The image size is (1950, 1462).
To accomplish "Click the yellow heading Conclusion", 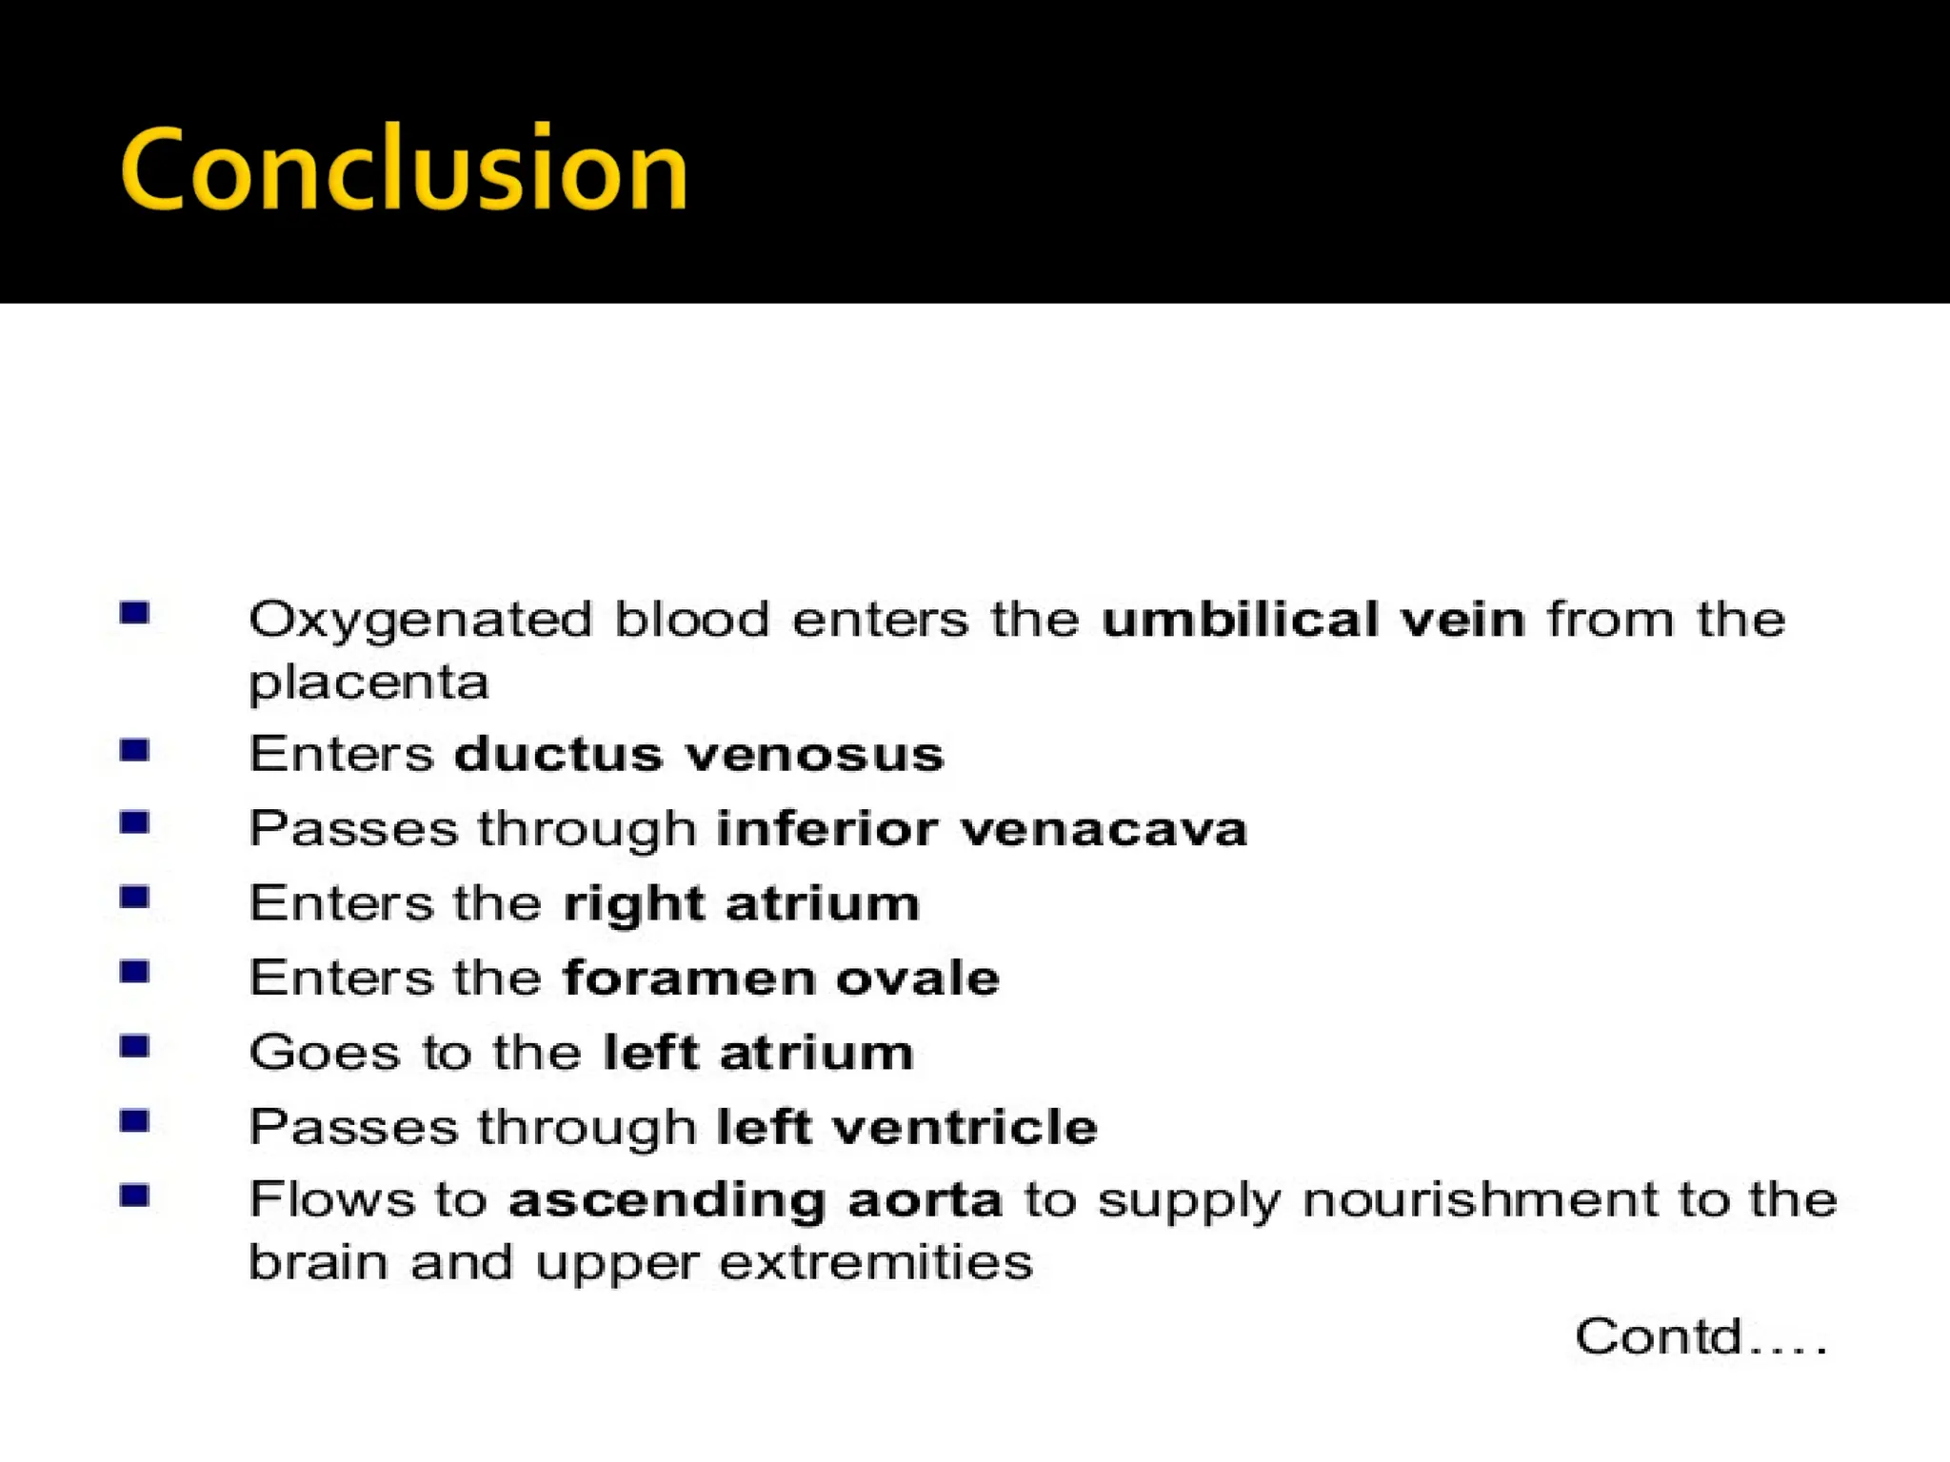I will (x=404, y=169).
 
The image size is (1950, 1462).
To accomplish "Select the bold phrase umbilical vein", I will (x=1313, y=619).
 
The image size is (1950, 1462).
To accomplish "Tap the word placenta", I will (x=368, y=683).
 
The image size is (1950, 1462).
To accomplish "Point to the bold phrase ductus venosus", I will (x=699, y=754).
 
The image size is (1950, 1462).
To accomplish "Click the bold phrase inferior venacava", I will (x=982, y=828).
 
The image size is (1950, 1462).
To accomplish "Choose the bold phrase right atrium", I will (x=742, y=903).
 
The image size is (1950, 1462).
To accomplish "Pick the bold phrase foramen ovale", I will (x=781, y=978).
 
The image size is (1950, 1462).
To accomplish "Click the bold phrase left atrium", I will (x=759, y=1053).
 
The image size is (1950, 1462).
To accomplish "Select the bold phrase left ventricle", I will (x=907, y=1127).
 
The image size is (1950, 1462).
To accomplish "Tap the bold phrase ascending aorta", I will (x=755, y=1200).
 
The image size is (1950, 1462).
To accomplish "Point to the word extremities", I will (x=876, y=1263).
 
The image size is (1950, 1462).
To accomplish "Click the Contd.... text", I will (x=1701, y=1336).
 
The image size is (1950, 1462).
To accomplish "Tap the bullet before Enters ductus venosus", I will (x=135, y=751).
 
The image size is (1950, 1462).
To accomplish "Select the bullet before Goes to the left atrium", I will (x=135, y=1047).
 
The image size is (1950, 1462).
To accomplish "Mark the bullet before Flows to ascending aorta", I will (x=135, y=1195).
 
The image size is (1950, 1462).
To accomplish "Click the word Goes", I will (x=324, y=1053).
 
